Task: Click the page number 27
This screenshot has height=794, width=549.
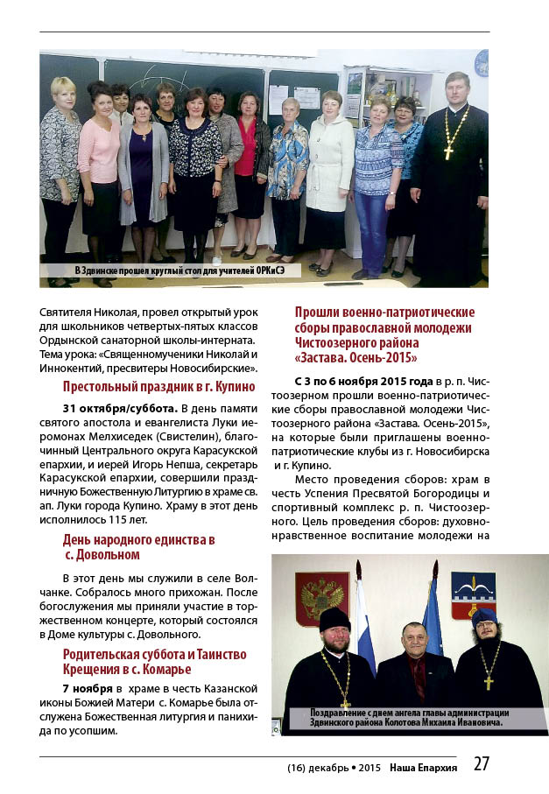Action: coord(481,763)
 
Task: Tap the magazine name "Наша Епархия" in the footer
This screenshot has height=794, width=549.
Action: coord(424,767)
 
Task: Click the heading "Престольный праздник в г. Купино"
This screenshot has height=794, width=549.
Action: coord(158,387)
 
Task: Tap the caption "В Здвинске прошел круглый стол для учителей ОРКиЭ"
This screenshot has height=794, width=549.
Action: coord(174,271)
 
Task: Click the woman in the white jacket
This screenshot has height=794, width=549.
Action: coord(330,175)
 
